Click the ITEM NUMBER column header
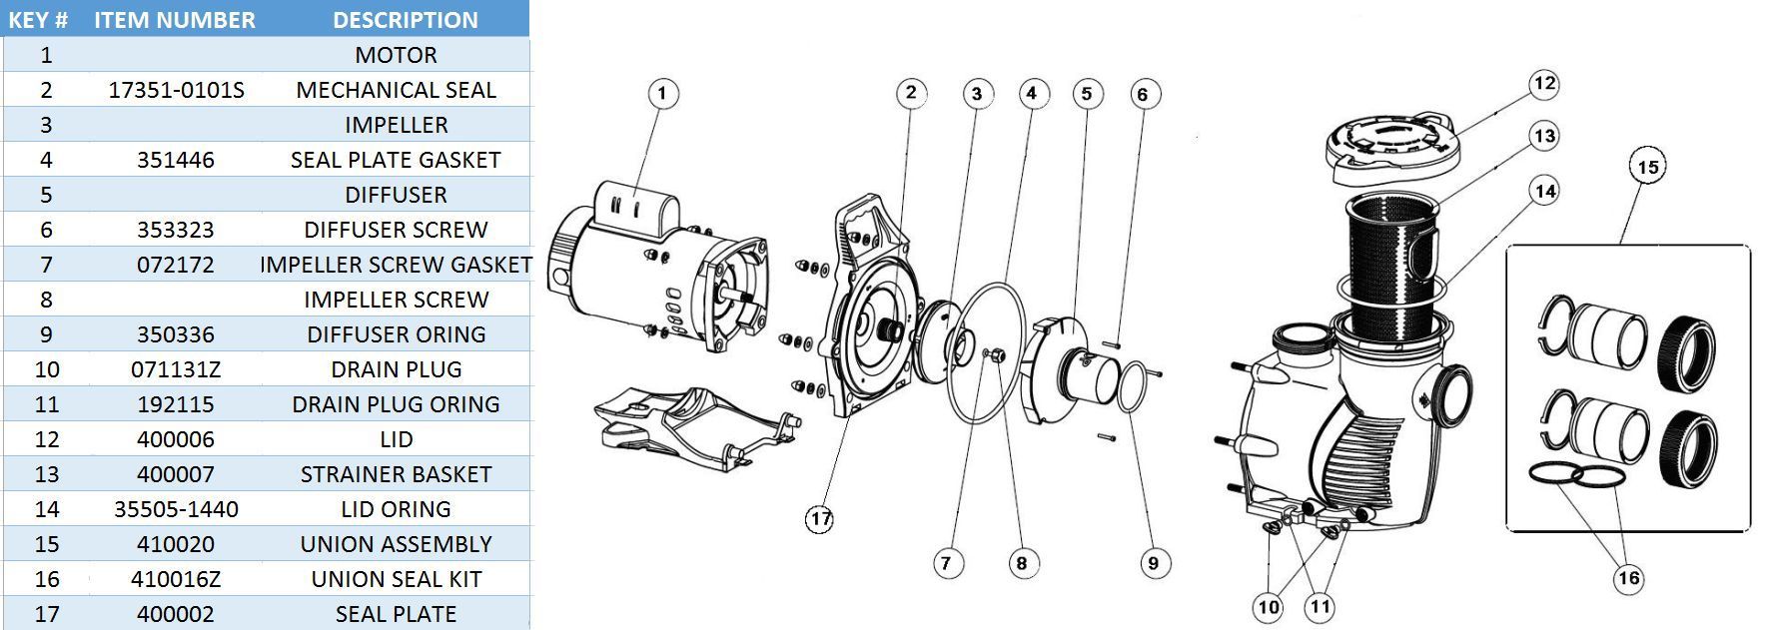click(x=175, y=20)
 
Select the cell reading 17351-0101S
click(x=176, y=90)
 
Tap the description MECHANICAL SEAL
click(x=396, y=90)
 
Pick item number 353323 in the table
click(x=176, y=230)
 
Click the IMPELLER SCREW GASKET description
click(x=396, y=265)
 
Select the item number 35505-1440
click(x=176, y=509)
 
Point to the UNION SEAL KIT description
click(x=396, y=579)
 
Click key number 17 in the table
click(x=46, y=614)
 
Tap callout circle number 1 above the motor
click(x=662, y=95)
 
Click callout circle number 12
click(x=1544, y=84)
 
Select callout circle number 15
click(x=1648, y=167)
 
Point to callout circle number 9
click(x=1153, y=563)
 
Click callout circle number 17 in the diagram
click(x=820, y=519)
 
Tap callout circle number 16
click(x=1628, y=578)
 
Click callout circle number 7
click(x=946, y=563)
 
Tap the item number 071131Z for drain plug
click(x=176, y=369)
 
